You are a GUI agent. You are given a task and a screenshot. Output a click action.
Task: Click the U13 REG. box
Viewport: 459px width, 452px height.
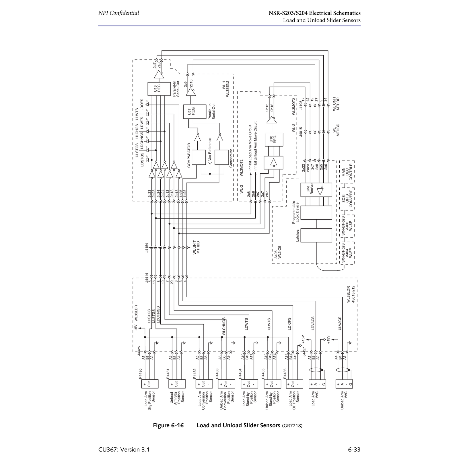click(x=159, y=89)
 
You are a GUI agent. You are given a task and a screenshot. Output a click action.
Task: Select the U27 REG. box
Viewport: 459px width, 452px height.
click(x=195, y=111)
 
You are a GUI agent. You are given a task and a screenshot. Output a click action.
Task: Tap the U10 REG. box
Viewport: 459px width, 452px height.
click(x=274, y=140)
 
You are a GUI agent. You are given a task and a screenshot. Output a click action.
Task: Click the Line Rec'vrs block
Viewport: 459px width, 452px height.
click(x=316, y=190)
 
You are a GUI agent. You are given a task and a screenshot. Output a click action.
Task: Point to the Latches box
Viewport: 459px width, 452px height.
click(x=316, y=235)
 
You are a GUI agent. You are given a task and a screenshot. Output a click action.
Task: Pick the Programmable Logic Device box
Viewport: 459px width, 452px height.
click(x=316, y=212)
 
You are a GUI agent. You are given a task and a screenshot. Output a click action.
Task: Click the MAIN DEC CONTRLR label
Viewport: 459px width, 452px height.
click(x=347, y=172)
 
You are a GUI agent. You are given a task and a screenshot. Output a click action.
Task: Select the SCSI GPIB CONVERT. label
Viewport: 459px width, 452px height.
click(x=347, y=199)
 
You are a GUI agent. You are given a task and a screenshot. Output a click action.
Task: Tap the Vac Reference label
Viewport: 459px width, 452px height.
click(x=210, y=149)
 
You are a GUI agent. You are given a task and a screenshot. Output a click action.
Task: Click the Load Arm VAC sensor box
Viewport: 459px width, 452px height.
click(x=317, y=384)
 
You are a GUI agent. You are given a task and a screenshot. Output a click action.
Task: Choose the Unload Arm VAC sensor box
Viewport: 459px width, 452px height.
click(x=344, y=384)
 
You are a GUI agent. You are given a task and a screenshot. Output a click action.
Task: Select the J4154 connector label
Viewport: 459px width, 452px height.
click(x=147, y=248)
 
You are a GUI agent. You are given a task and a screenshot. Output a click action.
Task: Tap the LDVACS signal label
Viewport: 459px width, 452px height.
click(x=313, y=323)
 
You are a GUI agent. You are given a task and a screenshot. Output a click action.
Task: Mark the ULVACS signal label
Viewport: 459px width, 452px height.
click(x=340, y=323)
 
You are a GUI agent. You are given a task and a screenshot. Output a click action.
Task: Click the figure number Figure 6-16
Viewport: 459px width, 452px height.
click(x=168, y=425)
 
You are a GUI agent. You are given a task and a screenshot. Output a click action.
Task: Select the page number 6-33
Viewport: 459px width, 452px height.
click(x=354, y=449)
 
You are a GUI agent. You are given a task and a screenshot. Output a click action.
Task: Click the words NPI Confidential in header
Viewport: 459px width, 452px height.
click(x=118, y=13)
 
